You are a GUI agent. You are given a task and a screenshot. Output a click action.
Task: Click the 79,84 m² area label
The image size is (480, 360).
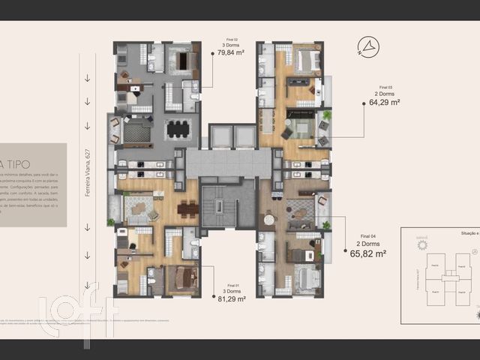pyautogui.click(x=233, y=53)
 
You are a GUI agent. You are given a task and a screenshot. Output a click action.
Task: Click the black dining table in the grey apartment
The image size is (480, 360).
pyautogui.click(x=178, y=129)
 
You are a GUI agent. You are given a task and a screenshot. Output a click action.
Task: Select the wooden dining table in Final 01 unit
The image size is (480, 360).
pyautogui.click(x=188, y=210)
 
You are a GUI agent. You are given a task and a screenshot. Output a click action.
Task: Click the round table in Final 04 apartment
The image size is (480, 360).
pyautogui.click(x=269, y=220)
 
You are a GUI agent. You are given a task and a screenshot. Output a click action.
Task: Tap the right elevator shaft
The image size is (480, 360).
pyautogui.click(x=244, y=136)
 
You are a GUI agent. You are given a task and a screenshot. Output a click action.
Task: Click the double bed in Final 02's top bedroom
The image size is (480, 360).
pyautogui.click(x=180, y=60)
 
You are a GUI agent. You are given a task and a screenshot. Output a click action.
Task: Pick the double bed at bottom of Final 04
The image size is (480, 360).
pyautogui.click(x=306, y=279)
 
